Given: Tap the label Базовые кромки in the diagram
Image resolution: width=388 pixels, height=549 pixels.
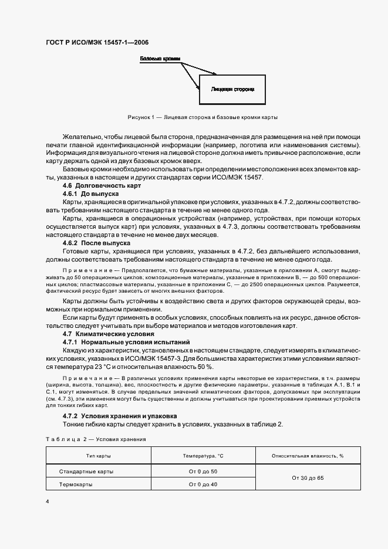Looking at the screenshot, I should pos(160,60).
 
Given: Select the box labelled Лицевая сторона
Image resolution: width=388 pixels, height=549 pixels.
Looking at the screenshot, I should pos(232,90).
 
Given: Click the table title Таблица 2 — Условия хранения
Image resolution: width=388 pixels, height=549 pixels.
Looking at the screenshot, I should pos(96,439).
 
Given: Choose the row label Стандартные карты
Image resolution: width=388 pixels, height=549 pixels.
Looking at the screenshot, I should pos(86,471).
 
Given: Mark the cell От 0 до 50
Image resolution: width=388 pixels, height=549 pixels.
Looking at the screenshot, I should pos(203,471).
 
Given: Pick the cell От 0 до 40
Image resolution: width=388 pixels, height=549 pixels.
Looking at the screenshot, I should pos(203,484).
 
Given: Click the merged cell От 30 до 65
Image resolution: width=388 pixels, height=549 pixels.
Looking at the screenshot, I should pos(308,478).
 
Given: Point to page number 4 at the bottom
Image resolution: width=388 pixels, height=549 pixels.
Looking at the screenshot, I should pos(48,502).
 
